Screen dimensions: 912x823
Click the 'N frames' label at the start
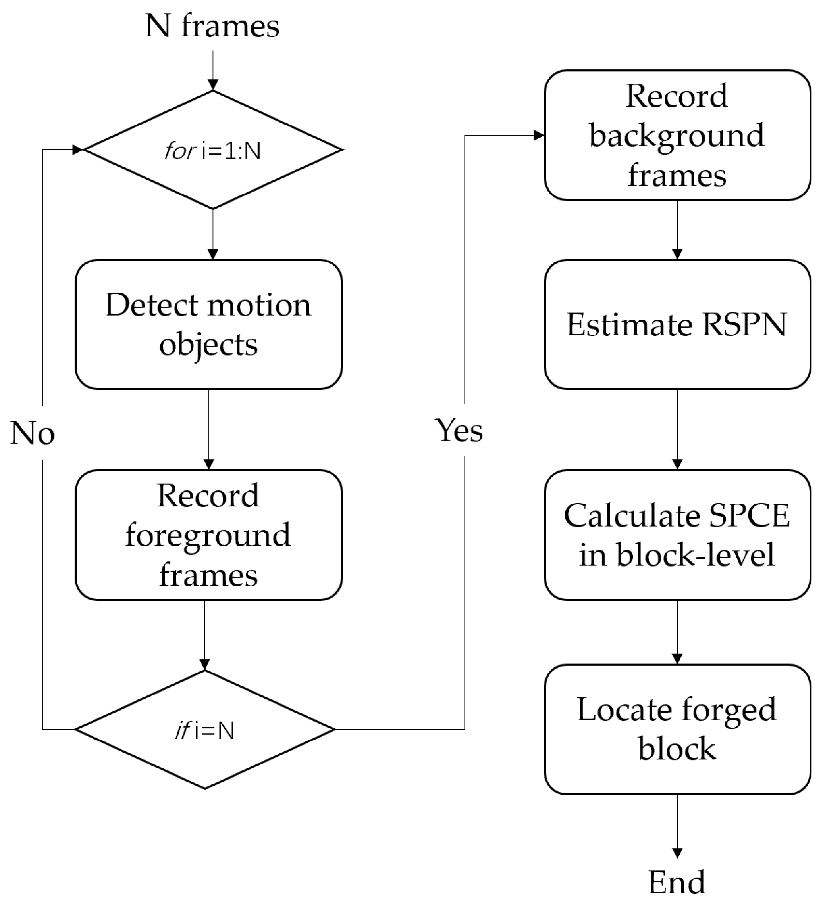212,26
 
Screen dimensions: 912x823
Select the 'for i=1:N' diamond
212,150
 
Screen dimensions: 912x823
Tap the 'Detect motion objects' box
208,324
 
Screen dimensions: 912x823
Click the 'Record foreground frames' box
208,535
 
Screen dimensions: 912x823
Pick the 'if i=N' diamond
205,729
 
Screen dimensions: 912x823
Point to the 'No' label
33,433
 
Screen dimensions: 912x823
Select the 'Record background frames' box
677,135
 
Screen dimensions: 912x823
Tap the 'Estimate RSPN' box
677,324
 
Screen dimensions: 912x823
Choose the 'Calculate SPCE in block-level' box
677,535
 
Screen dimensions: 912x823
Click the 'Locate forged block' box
677,729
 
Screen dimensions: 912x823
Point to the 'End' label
677,882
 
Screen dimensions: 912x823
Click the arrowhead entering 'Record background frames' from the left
539,135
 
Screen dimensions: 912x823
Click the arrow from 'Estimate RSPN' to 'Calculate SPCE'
677,429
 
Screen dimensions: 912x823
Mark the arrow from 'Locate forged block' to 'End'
677,827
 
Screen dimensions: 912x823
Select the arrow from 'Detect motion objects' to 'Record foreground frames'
208,429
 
